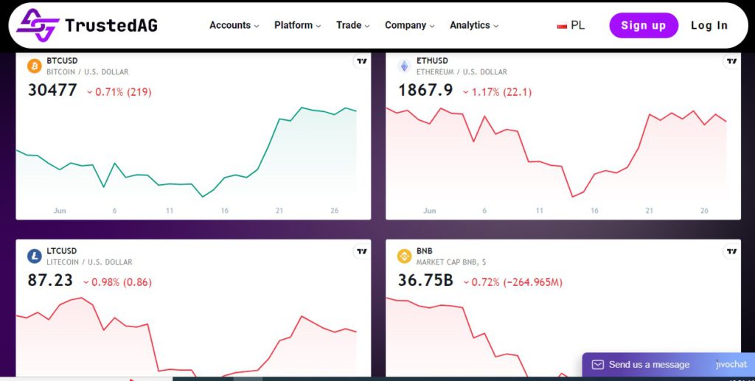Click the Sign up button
click(643, 25)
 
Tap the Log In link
click(709, 25)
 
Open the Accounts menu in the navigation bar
click(234, 25)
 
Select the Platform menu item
click(297, 25)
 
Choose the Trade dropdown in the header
click(352, 25)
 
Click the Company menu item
click(409, 25)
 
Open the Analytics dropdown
click(473, 25)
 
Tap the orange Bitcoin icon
click(35, 66)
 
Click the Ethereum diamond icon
click(404, 66)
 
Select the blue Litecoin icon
click(35, 256)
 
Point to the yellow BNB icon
click(404, 256)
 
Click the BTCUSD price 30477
click(52, 91)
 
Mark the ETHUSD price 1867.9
click(425, 91)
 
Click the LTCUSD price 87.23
click(50, 281)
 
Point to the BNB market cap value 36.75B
click(425, 281)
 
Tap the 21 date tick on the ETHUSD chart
click(650, 211)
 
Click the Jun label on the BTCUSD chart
click(60, 211)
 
